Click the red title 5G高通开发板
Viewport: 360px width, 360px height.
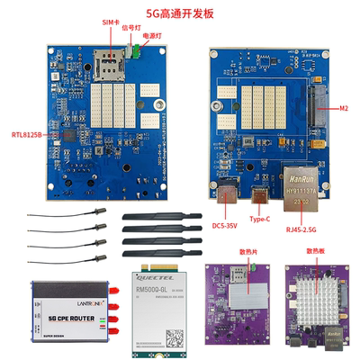[x=180, y=13]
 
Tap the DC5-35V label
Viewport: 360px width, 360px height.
[x=225, y=224]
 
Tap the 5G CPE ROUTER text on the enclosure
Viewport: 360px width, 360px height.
[x=56, y=318]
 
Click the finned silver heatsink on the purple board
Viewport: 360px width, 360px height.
[x=311, y=303]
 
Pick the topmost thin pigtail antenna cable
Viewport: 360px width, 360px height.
[x=63, y=220]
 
